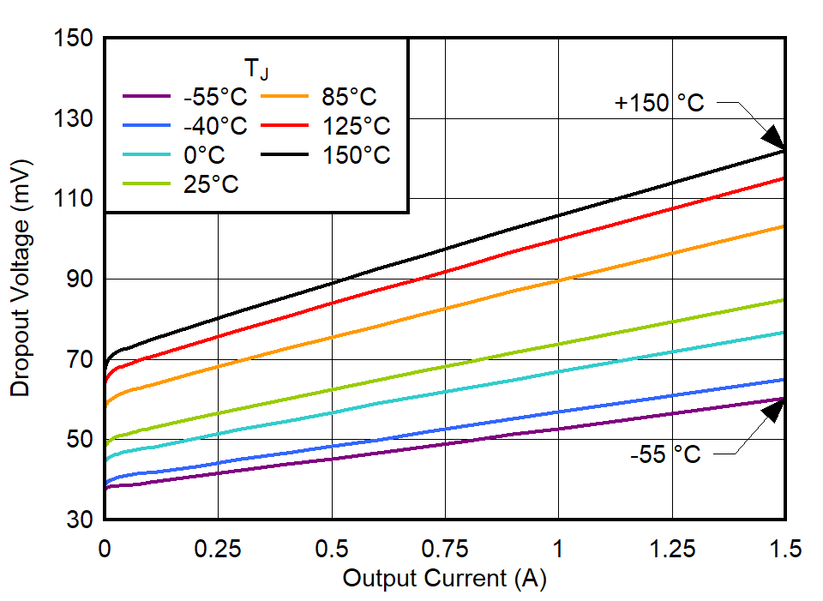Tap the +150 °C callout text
click(x=659, y=103)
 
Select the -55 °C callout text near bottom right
click(x=665, y=454)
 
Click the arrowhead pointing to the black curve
click(x=772, y=138)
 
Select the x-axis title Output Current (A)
click(x=444, y=579)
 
